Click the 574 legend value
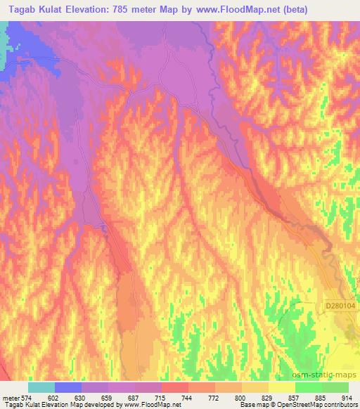tap(27, 397)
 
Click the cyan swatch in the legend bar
tap(41, 387)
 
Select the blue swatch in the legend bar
tap(67, 387)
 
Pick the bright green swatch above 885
tap(308, 387)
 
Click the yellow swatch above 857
tap(281, 387)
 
